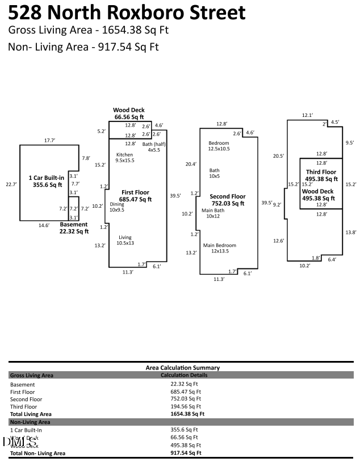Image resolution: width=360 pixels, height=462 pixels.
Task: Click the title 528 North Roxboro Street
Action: click(127, 12)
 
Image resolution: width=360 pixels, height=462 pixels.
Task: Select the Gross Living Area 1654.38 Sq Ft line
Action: click(88, 30)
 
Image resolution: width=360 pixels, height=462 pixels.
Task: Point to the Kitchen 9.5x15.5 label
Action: click(125, 158)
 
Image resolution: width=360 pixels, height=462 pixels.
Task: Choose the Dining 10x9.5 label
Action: click(117, 207)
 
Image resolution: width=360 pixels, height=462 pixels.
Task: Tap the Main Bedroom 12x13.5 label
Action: click(220, 248)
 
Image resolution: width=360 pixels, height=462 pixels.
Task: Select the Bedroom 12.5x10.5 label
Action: click(219, 146)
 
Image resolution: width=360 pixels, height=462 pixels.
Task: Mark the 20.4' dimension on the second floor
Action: click(191, 165)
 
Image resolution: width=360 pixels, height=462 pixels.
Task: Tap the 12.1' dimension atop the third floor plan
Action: click(307, 115)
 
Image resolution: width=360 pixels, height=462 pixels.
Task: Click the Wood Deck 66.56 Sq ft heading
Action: click(129, 114)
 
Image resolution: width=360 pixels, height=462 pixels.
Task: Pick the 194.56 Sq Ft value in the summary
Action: click(186, 406)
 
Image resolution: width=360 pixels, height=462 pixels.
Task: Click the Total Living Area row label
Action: click(31, 414)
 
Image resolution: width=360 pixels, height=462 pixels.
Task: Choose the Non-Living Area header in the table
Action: click(30, 422)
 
